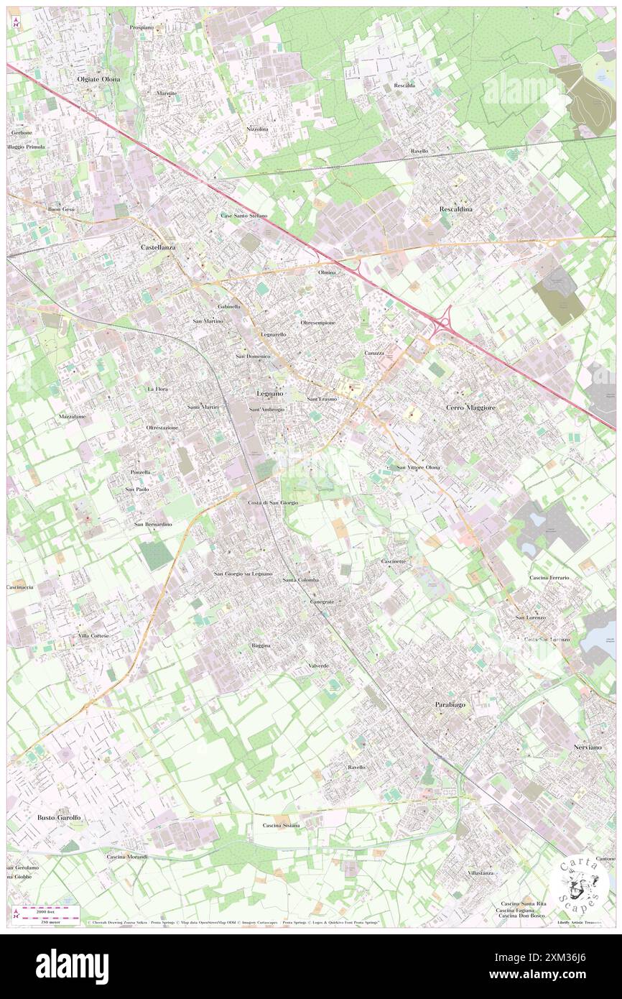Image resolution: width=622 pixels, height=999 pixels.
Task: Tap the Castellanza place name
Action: (x=157, y=247)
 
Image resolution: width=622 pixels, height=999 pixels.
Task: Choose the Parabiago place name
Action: (x=450, y=704)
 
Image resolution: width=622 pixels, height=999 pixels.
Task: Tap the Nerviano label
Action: (x=588, y=747)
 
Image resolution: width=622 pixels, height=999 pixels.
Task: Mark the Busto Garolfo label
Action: (x=59, y=818)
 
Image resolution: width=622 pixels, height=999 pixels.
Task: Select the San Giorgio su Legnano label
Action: (x=243, y=574)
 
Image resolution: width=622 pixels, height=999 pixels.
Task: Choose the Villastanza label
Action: (x=481, y=873)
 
